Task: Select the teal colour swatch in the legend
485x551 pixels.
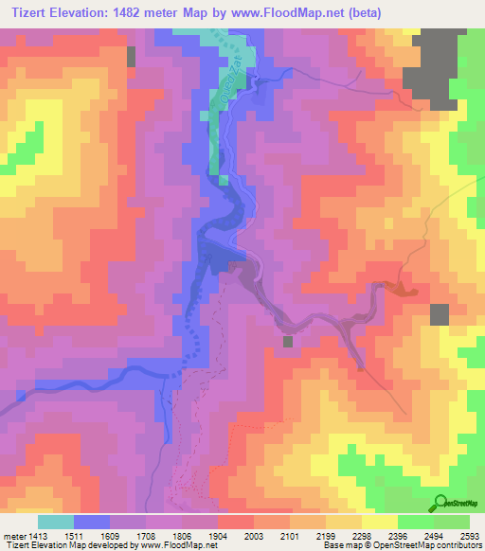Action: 56,521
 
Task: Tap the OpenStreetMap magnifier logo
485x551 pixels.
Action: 440,503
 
